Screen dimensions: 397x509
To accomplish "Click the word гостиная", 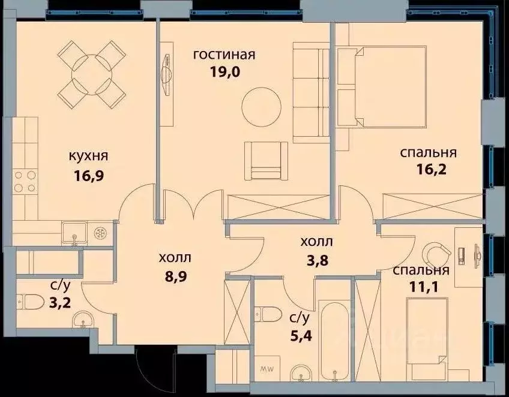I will pyautogui.click(x=224, y=55).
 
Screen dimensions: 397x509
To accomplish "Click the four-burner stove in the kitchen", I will pyautogui.click(x=25, y=181).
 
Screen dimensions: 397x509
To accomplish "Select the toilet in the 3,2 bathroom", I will pyautogui.click(x=29, y=299).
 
